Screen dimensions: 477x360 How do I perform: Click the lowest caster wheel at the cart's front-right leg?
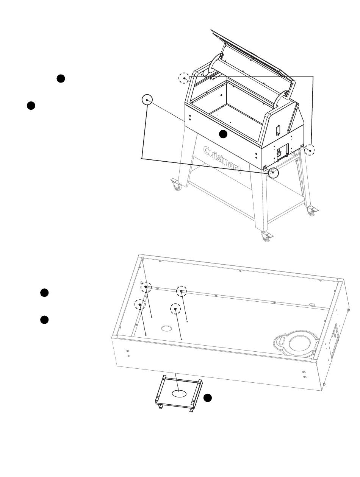tap(266, 237)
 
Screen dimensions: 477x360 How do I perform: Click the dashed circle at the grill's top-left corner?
tap(184, 78)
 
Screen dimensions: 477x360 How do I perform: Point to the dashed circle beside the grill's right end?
tap(310, 150)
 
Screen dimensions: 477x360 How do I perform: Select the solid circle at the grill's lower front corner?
tap(273, 173)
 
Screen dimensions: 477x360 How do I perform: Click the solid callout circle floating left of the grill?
tap(147, 100)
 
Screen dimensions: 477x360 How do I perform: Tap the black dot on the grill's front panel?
tap(223, 134)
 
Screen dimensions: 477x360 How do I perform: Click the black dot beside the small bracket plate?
tap(207, 397)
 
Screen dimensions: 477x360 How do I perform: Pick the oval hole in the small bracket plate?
tap(180, 393)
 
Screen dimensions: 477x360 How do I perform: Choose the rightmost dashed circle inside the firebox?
tap(182, 291)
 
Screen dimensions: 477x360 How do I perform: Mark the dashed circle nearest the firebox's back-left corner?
tap(146, 287)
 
